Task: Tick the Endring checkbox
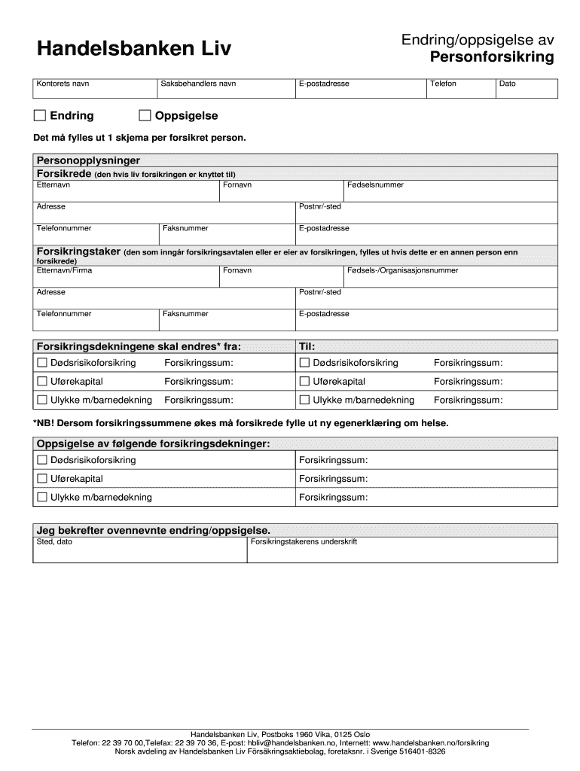[x=40, y=115]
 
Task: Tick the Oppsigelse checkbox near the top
[x=145, y=115]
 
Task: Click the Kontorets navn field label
[x=63, y=84]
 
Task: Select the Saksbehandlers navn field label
[x=198, y=84]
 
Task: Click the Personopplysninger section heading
[x=88, y=160]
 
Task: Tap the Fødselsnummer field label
[x=375, y=184]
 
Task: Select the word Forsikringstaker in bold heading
[x=78, y=251]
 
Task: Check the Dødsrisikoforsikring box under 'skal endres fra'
[x=42, y=363]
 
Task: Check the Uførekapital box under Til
[x=305, y=381]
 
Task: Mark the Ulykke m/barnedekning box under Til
[x=305, y=400]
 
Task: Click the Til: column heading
[x=307, y=346]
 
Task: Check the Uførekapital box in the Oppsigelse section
[x=42, y=478]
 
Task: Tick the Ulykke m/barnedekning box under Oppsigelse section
[x=42, y=497]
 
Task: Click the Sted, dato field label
[x=54, y=541]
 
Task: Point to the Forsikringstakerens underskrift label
[x=304, y=541]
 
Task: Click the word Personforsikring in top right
[x=492, y=58]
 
